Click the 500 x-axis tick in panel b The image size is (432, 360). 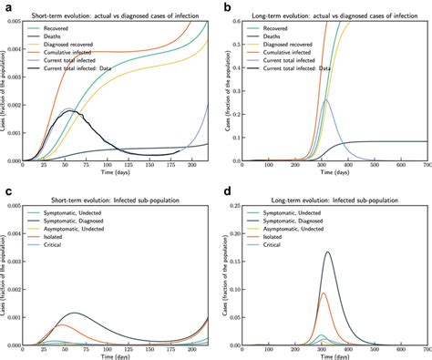click(x=374, y=168)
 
